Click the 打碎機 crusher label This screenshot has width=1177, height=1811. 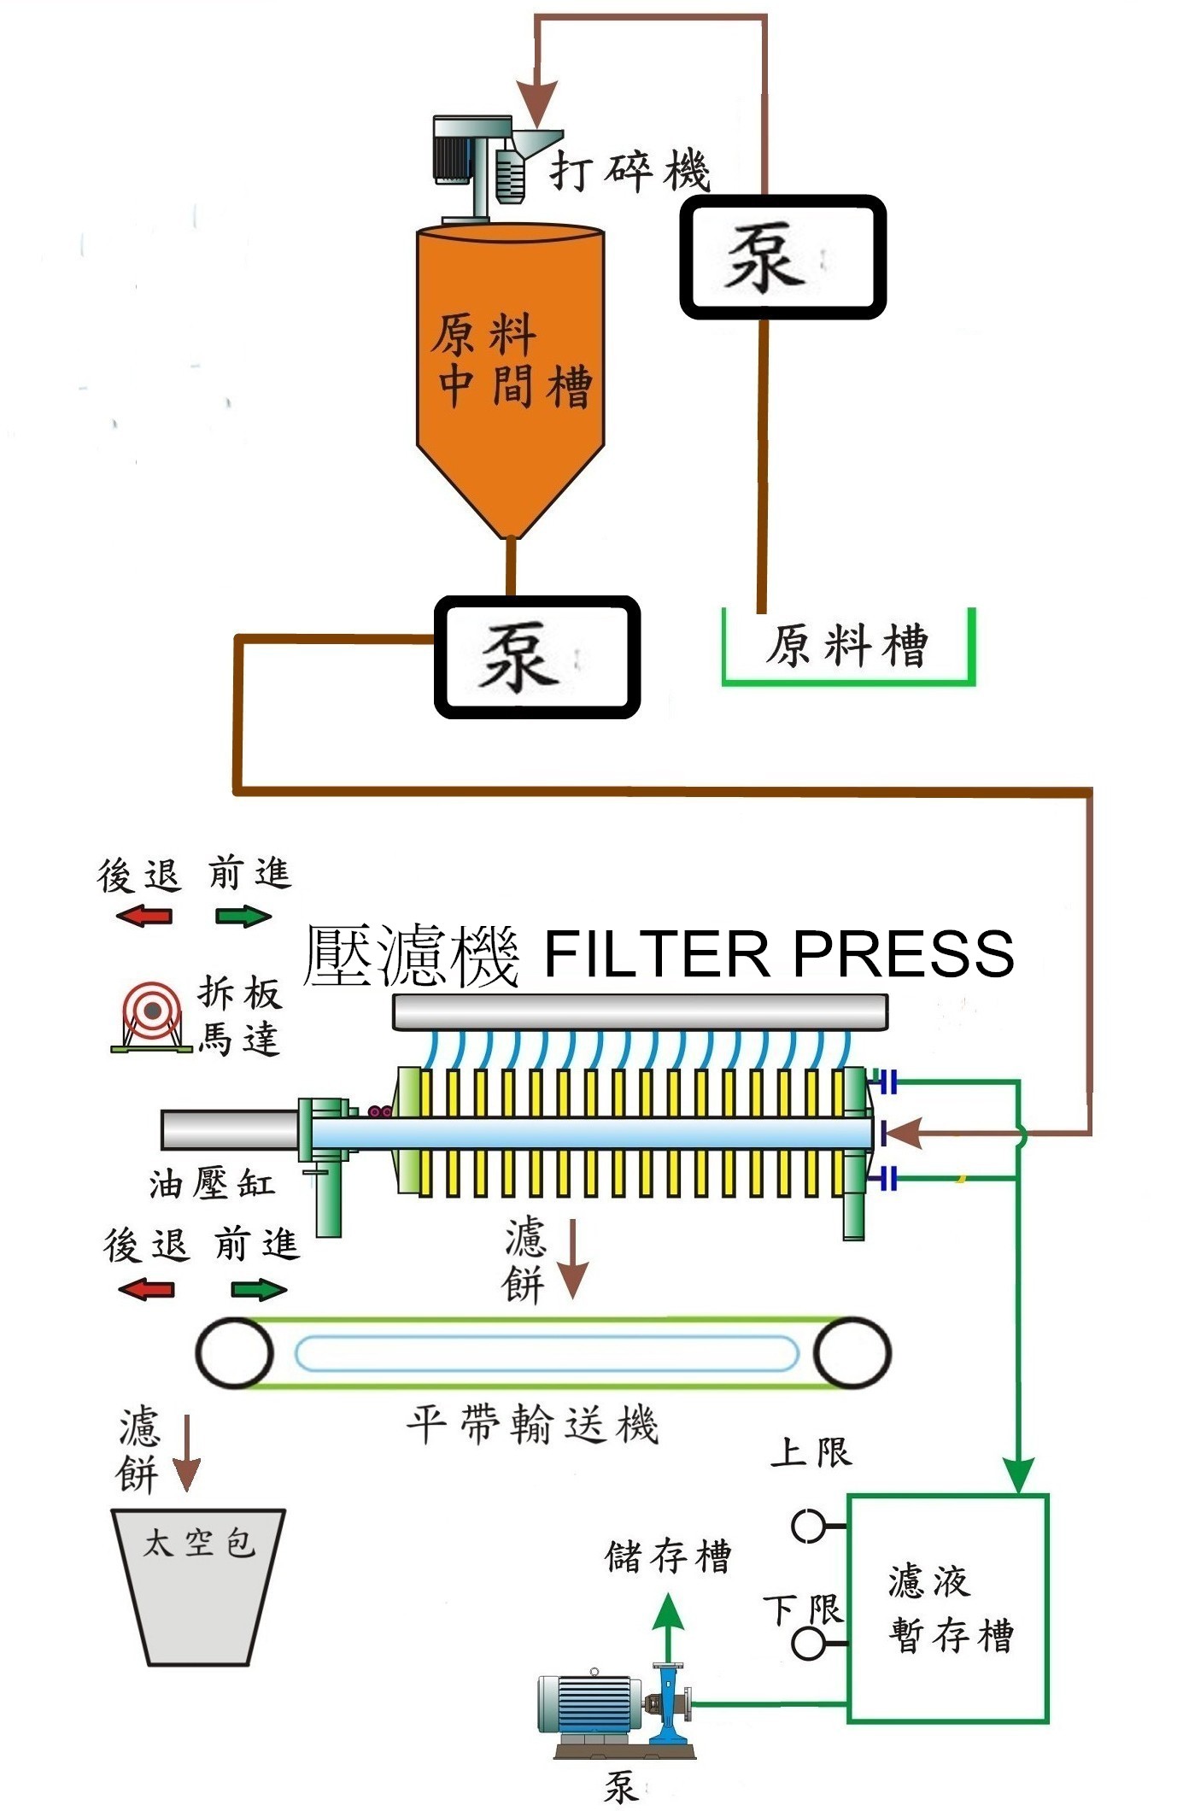tap(629, 171)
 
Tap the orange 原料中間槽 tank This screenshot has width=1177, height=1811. tap(510, 367)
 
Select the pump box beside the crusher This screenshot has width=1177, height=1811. tap(782, 257)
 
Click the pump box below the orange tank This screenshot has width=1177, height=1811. tap(537, 657)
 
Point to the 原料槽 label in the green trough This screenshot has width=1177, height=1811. tap(846, 646)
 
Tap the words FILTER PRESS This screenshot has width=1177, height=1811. tap(778, 953)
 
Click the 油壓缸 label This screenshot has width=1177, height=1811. tap(212, 1184)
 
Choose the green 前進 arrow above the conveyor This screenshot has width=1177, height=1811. tap(258, 1289)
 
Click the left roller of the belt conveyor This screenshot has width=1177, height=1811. tap(234, 1353)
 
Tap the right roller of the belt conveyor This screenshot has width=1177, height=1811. tap(852, 1353)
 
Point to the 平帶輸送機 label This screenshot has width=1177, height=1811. tap(532, 1426)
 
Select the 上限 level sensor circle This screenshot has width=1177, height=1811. tap(807, 1526)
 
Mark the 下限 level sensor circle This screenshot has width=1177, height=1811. tap(807, 1643)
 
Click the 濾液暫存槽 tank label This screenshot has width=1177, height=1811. tap(950, 1609)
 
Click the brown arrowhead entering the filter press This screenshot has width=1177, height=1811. tap(900, 1134)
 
